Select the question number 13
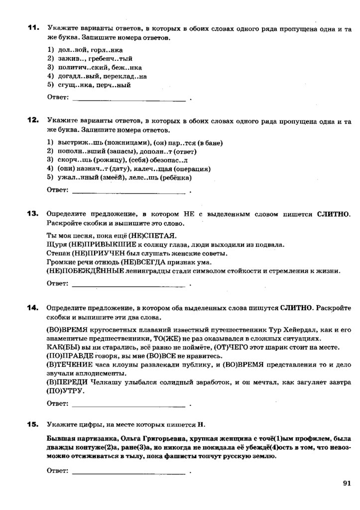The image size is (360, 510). coord(33,214)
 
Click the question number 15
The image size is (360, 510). coord(33,424)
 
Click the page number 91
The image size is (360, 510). coord(347,482)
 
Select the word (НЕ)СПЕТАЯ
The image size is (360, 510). coord(152,236)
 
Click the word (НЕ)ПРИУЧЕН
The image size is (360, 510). coord(98,254)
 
